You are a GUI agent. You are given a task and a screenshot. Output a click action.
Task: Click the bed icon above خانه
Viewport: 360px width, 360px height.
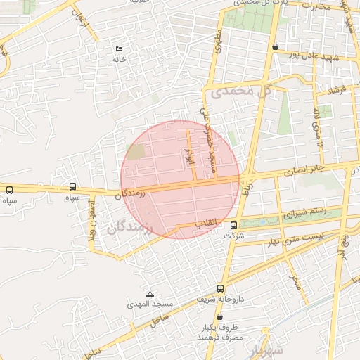click(119, 49)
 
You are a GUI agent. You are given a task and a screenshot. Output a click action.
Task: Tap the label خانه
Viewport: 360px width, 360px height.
click(119, 60)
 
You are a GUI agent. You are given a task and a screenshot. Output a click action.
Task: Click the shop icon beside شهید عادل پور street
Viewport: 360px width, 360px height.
click(274, 47)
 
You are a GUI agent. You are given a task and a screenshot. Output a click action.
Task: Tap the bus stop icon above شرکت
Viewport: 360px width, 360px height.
click(233, 225)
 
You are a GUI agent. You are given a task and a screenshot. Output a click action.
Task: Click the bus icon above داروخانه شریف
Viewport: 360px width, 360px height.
click(221, 288)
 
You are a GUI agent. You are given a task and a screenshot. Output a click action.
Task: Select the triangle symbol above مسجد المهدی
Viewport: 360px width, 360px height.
click(150, 294)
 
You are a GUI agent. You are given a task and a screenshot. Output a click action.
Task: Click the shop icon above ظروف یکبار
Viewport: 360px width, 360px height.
click(220, 317)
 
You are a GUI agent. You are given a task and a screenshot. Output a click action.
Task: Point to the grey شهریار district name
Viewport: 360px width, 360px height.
click(269, 349)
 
